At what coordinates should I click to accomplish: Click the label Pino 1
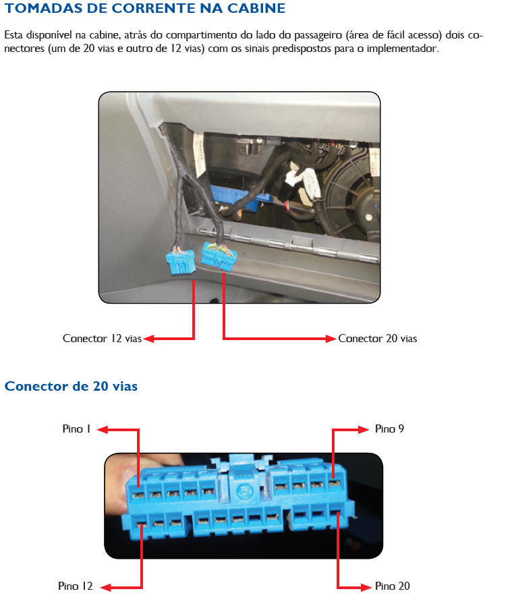pos(76,429)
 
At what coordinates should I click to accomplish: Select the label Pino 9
pos(389,429)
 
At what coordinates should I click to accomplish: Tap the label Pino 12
pos(76,586)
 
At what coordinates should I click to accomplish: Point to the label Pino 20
pos(392,586)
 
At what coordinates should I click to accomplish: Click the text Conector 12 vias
pos(102,339)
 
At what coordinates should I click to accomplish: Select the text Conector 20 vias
pos(378,339)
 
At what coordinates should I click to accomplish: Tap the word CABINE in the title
pos(256,8)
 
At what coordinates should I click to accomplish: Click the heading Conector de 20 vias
pos(71,386)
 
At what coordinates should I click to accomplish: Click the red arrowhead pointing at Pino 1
pos(103,429)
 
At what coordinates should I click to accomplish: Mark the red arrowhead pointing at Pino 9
pos(364,429)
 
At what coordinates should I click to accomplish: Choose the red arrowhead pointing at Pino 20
pos(366,588)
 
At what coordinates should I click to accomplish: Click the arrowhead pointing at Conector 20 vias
pos(331,339)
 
